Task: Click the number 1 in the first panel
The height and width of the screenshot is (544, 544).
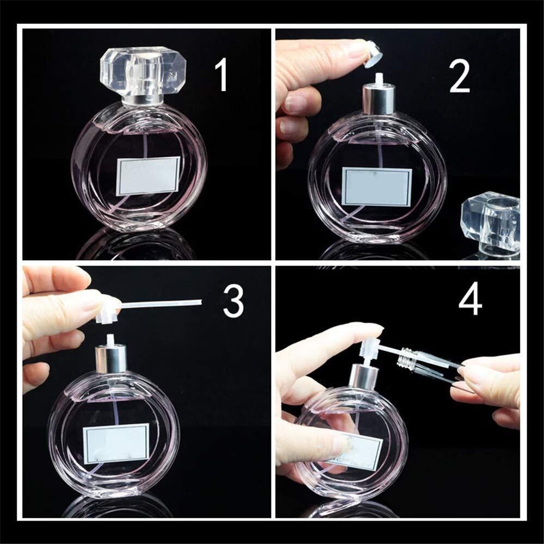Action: (x=221, y=75)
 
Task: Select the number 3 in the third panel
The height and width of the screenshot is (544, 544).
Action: (x=233, y=300)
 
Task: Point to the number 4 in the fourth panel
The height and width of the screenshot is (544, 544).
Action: (x=471, y=298)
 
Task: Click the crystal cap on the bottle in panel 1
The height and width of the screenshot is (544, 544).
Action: (x=143, y=71)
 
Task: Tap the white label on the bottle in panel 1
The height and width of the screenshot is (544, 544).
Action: (x=148, y=176)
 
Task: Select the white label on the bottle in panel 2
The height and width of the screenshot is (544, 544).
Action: (x=377, y=187)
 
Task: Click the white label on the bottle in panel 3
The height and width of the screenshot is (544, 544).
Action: (x=116, y=443)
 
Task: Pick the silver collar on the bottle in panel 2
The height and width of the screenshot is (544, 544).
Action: (x=379, y=100)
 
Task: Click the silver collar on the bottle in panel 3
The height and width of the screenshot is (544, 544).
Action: (x=110, y=359)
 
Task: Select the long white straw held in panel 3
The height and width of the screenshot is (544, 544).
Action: (x=160, y=304)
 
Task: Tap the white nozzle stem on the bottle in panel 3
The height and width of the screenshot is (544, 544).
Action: (x=110, y=339)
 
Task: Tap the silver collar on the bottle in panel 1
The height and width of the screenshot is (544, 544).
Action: (x=142, y=100)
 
